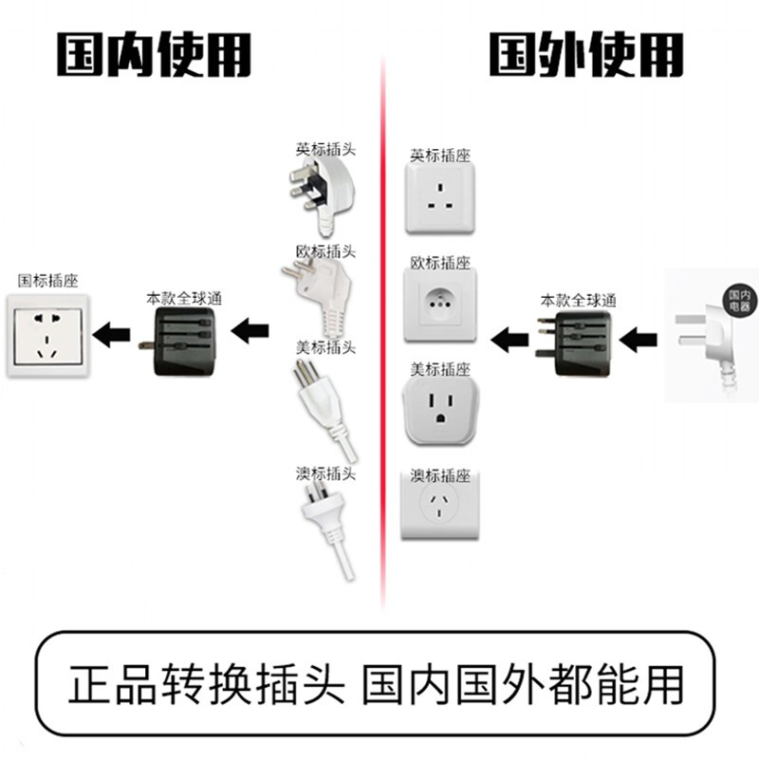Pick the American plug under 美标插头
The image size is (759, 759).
click(323, 403)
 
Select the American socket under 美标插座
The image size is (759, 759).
click(439, 409)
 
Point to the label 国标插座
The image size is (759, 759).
click(47, 281)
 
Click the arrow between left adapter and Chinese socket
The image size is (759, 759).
click(115, 333)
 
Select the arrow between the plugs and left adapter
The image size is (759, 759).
click(251, 332)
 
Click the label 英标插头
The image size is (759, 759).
click(324, 149)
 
